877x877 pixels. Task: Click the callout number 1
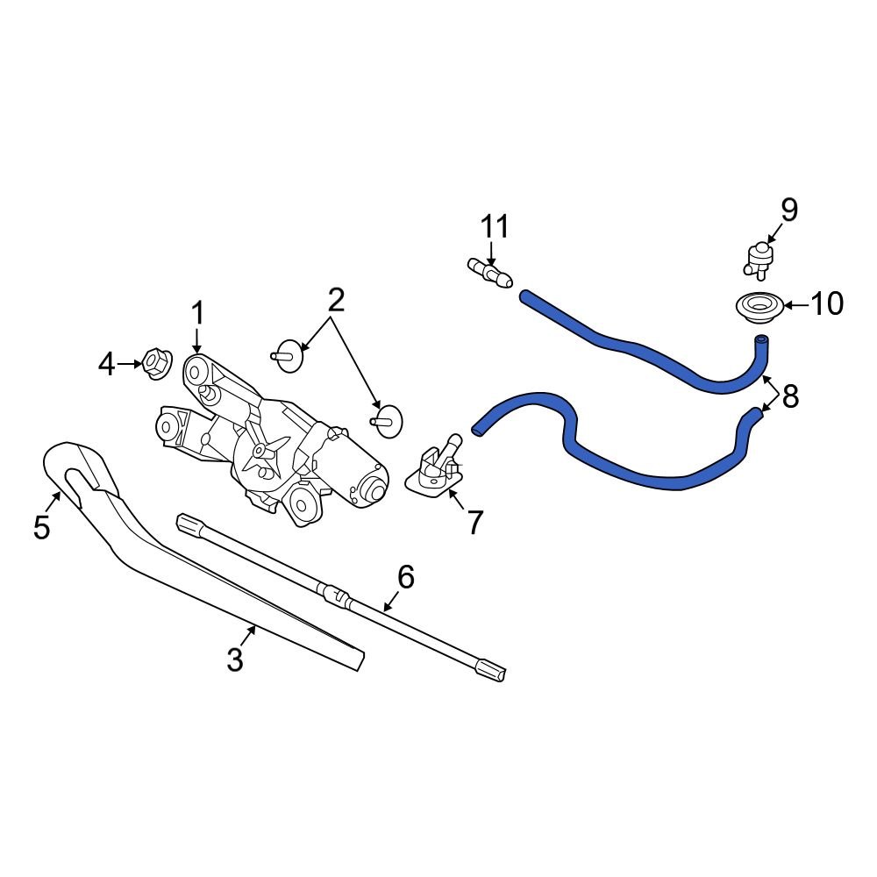[x=197, y=313]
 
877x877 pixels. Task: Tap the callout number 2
[x=336, y=301]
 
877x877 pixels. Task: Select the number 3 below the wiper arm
[x=234, y=659]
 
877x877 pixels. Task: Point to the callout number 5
[x=41, y=528]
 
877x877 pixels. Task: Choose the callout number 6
[x=405, y=577]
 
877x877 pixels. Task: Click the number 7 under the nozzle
[x=474, y=523]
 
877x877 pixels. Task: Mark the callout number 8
[x=790, y=396]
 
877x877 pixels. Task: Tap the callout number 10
[x=826, y=304]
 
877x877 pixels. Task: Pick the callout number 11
[x=495, y=227]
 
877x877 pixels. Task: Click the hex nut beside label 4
[x=156, y=363]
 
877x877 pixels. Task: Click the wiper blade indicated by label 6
[x=342, y=596]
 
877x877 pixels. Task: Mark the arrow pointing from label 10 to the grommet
[x=789, y=305]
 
